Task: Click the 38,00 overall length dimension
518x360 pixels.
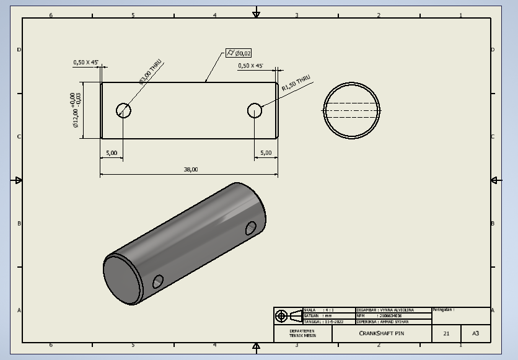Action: (191, 169)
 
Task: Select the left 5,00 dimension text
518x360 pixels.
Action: (112, 152)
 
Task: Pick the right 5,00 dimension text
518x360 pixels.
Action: (266, 152)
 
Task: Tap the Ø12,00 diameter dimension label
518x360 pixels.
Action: (76, 110)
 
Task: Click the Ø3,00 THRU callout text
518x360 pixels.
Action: (151, 71)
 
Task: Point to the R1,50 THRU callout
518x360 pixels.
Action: (296, 84)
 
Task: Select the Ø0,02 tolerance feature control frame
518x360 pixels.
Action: (239, 53)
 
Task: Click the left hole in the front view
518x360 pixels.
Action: (124, 110)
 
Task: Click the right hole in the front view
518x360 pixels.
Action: (255, 110)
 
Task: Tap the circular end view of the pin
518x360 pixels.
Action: (351, 110)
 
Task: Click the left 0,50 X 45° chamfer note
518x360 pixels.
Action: (86, 62)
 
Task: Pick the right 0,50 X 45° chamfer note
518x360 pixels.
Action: (250, 65)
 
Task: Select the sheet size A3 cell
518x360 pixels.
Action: (475, 333)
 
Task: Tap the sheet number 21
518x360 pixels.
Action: (446, 333)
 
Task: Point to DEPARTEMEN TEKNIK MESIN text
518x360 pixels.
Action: (302, 333)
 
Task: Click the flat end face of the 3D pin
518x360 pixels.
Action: (122, 279)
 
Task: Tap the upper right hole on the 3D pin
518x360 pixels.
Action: (251, 227)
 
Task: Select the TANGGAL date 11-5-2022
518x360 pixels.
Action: (329, 322)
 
